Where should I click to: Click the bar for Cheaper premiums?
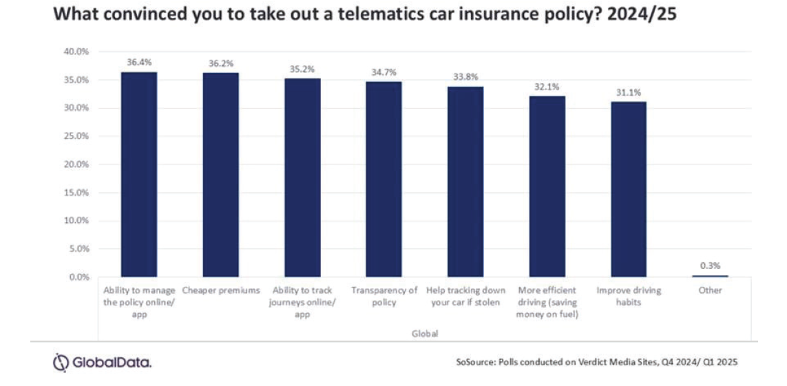click(220, 175)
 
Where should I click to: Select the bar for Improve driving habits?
click(628, 189)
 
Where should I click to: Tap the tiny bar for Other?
click(710, 276)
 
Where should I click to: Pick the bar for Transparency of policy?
click(384, 179)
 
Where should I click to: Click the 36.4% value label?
click(138, 61)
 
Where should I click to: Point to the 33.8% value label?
click(465, 76)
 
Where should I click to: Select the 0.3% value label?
click(710, 266)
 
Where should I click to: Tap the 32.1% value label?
click(547, 87)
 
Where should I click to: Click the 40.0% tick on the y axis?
click(76, 52)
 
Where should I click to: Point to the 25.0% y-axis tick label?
click(76, 136)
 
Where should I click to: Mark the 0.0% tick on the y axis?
click(78, 277)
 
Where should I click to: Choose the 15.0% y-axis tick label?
click(76, 193)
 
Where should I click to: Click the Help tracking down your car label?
click(465, 297)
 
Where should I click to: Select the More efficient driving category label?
click(547, 303)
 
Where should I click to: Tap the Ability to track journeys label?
click(302, 303)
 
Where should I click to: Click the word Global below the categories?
click(425, 333)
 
